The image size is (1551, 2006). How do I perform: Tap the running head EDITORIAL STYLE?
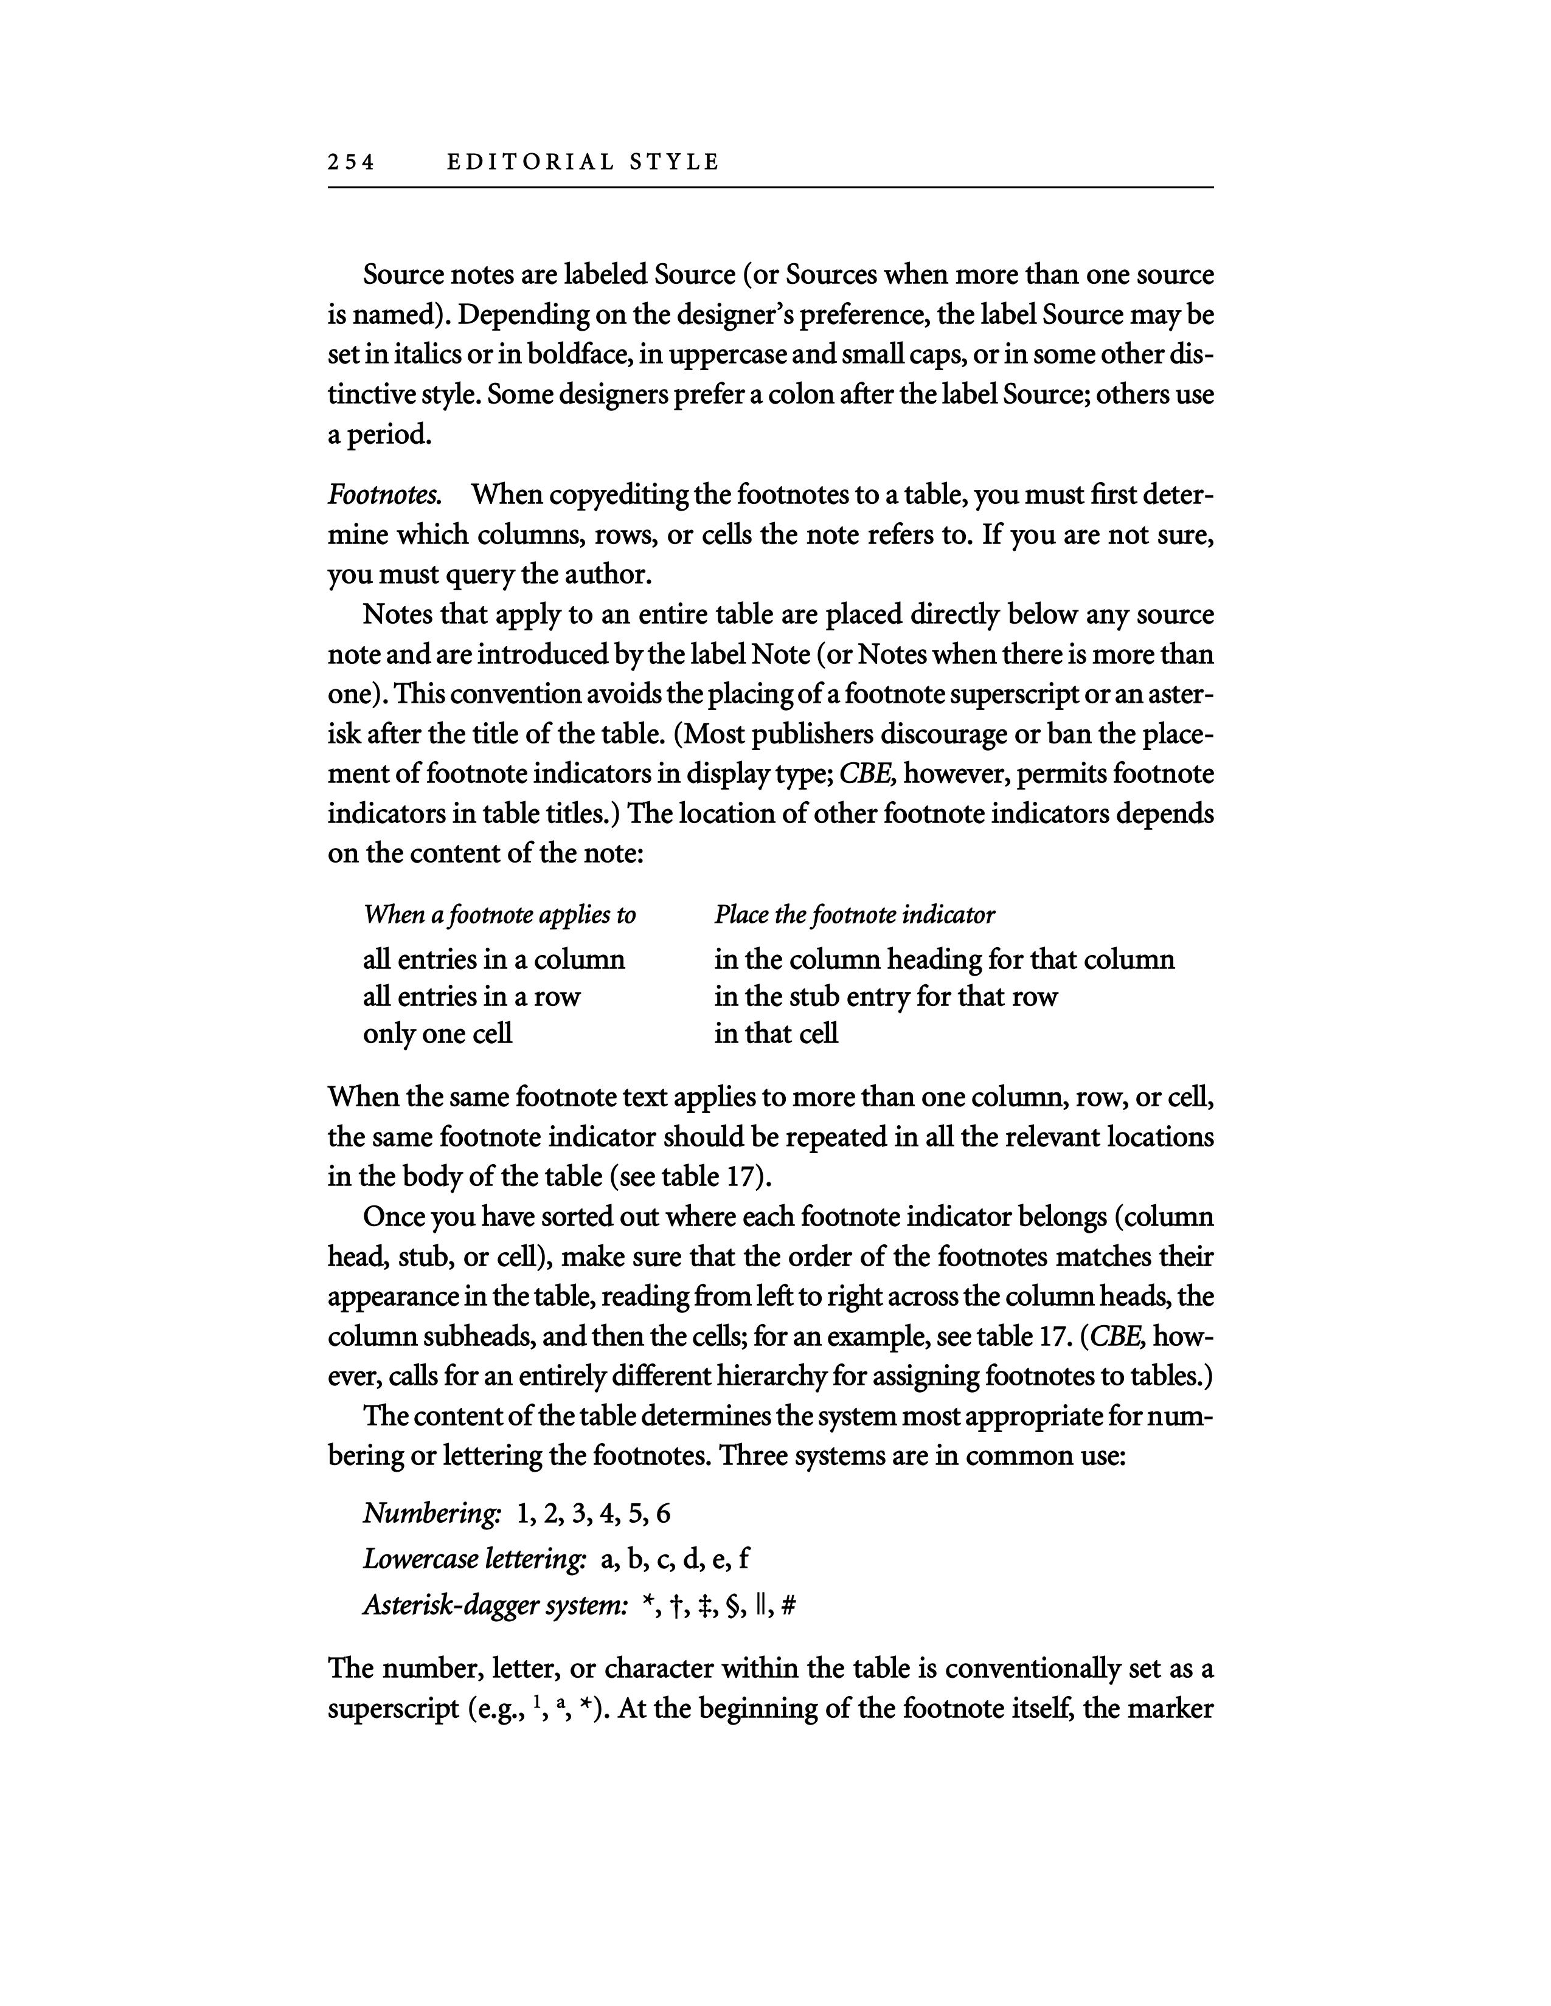583,162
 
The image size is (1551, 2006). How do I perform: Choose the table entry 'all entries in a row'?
471,996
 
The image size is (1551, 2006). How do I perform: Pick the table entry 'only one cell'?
437,1034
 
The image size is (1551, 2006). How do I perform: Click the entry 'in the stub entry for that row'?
886,996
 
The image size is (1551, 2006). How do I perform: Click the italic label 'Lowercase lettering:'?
474,1559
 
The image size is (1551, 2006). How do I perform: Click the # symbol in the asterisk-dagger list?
788,1605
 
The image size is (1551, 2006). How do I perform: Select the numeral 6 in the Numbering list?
664,1513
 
